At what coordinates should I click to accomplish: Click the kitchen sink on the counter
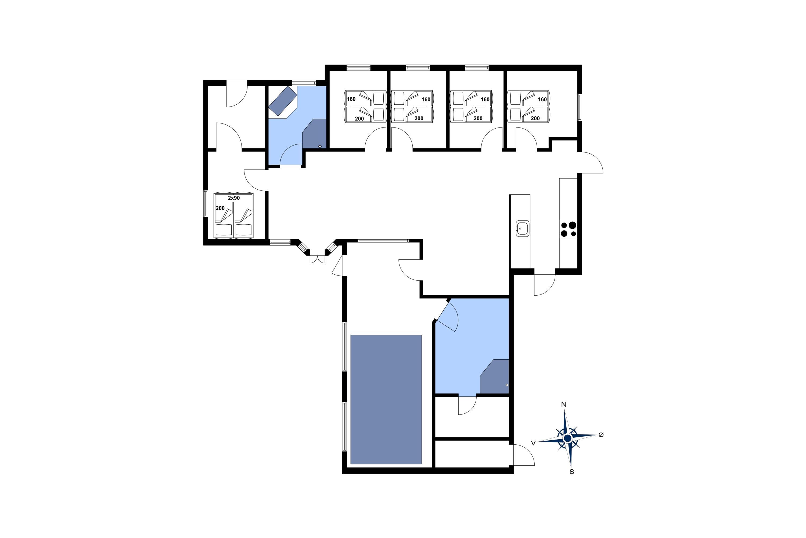pyautogui.click(x=523, y=228)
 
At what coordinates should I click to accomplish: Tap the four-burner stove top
pyautogui.click(x=568, y=229)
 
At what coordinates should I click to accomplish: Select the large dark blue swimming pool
pyautogui.click(x=386, y=399)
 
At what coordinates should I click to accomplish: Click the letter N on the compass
pyautogui.click(x=564, y=405)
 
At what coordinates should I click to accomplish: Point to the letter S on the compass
pyautogui.click(x=572, y=472)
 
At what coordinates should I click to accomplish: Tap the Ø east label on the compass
pyautogui.click(x=601, y=435)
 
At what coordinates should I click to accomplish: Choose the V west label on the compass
pyautogui.click(x=533, y=443)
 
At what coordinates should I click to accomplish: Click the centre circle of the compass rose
pyautogui.click(x=567, y=438)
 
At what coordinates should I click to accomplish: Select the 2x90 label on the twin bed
pyautogui.click(x=234, y=198)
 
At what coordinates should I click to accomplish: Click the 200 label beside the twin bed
pyautogui.click(x=220, y=208)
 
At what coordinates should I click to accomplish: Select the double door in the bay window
pyautogui.click(x=317, y=259)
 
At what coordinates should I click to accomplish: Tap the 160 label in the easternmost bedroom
pyautogui.click(x=542, y=100)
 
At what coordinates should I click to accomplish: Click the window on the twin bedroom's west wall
pyautogui.click(x=206, y=204)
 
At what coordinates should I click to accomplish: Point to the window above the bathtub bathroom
pyautogui.click(x=304, y=83)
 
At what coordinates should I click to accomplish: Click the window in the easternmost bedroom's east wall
pyautogui.click(x=580, y=107)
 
